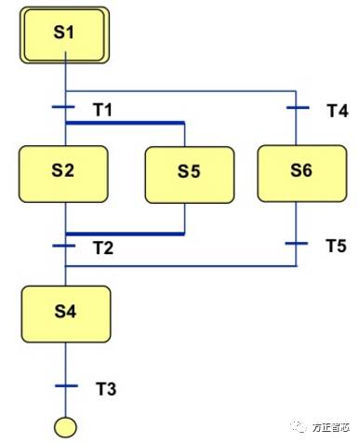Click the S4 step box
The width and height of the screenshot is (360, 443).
pyautogui.click(x=65, y=312)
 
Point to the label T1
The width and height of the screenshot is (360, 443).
pyautogui.click(x=102, y=110)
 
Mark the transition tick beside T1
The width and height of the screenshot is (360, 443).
pyautogui.click(x=65, y=107)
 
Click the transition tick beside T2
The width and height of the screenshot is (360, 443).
pyautogui.click(x=65, y=246)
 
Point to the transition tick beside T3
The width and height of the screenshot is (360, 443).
pyautogui.click(x=65, y=385)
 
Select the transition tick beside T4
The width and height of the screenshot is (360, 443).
pyautogui.click(x=297, y=107)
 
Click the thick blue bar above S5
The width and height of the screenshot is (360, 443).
pyautogui.click(x=125, y=123)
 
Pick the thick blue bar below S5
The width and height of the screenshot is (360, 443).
pyautogui.click(x=125, y=234)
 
